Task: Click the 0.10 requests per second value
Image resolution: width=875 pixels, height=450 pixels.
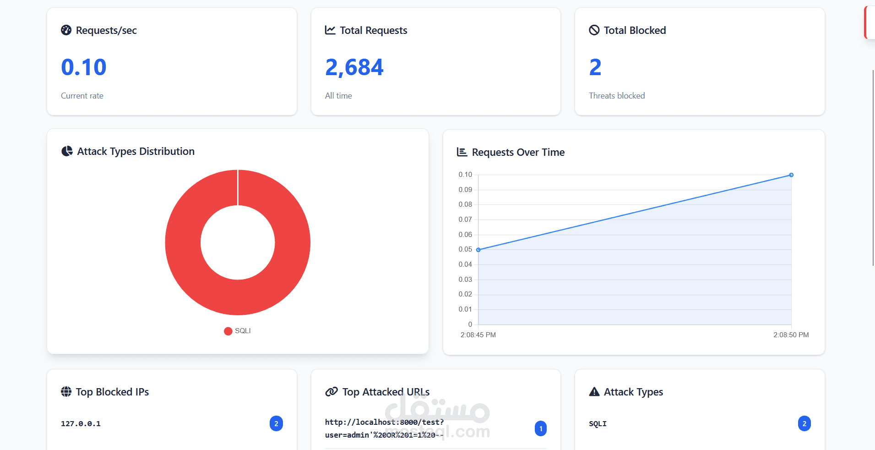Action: click(x=84, y=67)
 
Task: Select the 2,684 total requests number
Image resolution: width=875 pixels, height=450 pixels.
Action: click(x=354, y=67)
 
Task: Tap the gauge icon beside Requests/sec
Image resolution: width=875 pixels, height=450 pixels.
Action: click(x=66, y=30)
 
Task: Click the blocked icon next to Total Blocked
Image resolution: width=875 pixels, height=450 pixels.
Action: click(x=594, y=30)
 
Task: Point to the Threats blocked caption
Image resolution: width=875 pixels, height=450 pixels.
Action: click(x=617, y=96)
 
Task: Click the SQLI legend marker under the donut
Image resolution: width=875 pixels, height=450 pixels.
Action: click(x=228, y=331)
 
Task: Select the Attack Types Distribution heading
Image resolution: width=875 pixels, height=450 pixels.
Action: click(x=136, y=151)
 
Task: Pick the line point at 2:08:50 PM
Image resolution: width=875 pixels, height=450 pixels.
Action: click(x=791, y=175)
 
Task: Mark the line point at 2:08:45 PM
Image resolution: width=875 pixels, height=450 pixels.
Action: click(x=478, y=250)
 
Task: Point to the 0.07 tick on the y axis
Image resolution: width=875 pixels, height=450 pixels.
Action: click(x=465, y=220)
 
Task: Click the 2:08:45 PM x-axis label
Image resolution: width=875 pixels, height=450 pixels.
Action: click(x=478, y=335)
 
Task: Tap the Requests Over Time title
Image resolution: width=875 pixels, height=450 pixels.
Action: click(x=518, y=152)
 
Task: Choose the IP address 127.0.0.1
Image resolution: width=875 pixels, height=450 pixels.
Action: click(x=81, y=424)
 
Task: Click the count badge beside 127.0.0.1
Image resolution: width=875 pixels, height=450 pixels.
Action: click(x=276, y=423)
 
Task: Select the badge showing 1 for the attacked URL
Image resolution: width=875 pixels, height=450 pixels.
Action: click(x=541, y=428)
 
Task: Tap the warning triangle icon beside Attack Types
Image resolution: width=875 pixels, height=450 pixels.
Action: click(x=594, y=392)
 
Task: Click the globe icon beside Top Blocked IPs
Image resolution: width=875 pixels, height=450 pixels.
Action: click(x=66, y=392)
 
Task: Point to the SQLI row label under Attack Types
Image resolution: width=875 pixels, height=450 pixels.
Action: click(x=598, y=424)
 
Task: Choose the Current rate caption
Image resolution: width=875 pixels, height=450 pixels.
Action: click(x=82, y=96)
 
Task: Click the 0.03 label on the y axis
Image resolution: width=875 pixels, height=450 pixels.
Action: click(x=465, y=280)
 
